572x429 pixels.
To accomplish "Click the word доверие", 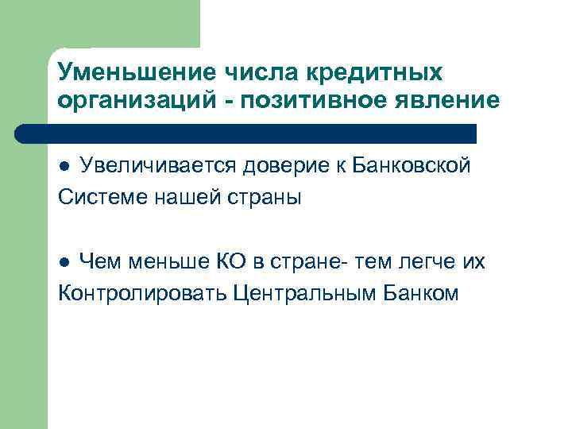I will click(285, 166).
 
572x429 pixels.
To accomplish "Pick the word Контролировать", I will click(142, 292).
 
